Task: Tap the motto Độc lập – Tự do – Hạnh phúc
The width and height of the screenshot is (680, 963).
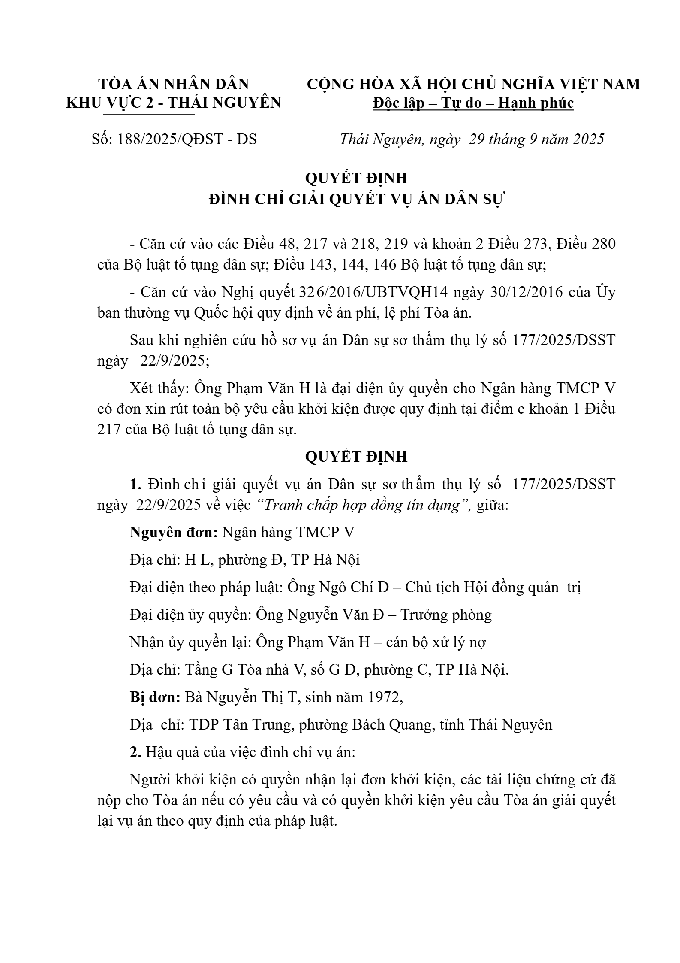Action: click(473, 103)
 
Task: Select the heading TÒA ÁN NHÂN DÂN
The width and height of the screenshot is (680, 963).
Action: click(174, 84)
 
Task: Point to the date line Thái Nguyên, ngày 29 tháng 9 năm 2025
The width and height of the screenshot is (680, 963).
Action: click(472, 139)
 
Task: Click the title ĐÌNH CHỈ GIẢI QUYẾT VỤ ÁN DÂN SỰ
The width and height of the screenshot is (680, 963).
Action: click(357, 200)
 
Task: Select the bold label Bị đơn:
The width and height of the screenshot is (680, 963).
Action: click(155, 697)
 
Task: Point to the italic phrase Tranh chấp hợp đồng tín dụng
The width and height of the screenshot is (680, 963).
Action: click(361, 505)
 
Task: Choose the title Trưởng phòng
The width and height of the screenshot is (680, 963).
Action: click(446, 615)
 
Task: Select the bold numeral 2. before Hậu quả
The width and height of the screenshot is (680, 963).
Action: click(135, 752)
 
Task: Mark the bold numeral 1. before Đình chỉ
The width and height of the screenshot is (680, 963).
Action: click(136, 484)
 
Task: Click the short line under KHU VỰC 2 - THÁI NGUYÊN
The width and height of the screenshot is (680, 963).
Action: click(149, 114)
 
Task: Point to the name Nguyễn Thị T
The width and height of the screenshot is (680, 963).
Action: click(251, 697)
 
